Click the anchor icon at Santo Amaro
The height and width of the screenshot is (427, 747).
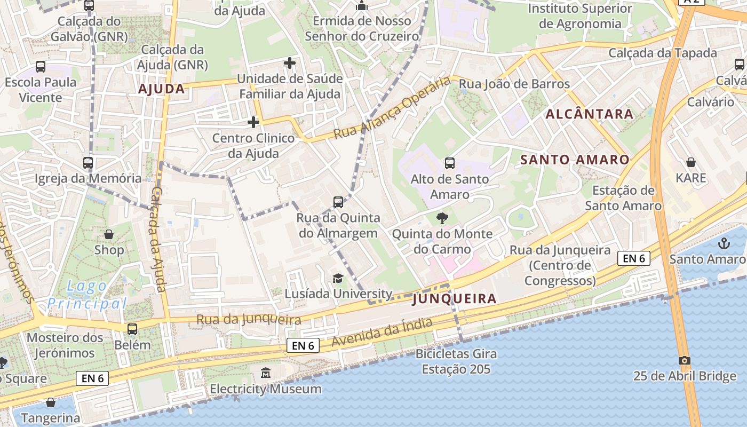click(x=724, y=244)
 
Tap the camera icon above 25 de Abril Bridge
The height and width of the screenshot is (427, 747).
click(x=685, y=360)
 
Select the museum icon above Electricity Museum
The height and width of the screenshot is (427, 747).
click(x=266, y=373)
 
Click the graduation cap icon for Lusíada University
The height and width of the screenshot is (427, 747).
click(x=338, y=278)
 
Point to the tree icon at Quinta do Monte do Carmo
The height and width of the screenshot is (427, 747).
click(x=442, y=218)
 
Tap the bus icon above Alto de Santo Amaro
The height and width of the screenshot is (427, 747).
click(x=450, y=163)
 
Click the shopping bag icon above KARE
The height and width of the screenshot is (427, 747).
click(x=691, y=162)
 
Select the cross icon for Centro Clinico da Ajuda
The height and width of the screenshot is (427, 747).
click(x=253, y=123)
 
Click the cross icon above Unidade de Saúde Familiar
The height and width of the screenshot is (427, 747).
click(x=290, y=64)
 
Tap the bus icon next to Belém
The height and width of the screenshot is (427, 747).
click(x=132, y=329)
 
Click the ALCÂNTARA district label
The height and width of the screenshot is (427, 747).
click(x=590, y=114)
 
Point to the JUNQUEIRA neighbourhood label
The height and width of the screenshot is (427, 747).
click(x=454, y=299)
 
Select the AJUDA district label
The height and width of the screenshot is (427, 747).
click(x=162, y=89)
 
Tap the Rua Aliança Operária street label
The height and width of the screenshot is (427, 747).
click(x=392, y=108)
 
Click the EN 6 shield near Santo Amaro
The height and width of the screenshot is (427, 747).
click(x=634, y=258)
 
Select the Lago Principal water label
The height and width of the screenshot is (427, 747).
click(x=87, y=295)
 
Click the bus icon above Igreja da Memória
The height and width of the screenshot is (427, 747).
click(x=88, y=163)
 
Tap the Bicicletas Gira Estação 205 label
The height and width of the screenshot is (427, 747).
click(x=456, y=361)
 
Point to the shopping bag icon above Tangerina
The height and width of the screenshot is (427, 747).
click(x=51, y=402)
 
